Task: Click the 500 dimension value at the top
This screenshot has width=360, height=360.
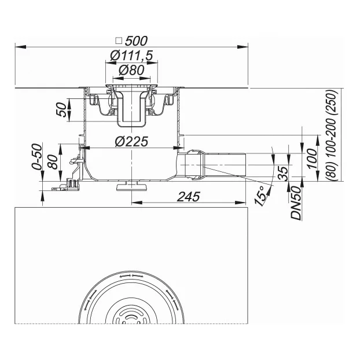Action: coord(136,41)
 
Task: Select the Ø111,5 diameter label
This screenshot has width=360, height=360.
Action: coord(131,56)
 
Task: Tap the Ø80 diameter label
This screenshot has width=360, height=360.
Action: coord(131,70)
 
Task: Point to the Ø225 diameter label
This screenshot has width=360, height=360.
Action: coord(131,141)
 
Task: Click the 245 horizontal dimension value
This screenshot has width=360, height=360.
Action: coord(189,197)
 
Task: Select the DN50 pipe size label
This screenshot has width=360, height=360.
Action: coord(296,203)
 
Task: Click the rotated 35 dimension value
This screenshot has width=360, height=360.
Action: coord(283,172)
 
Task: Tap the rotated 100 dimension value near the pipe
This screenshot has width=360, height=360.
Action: coord(312,159)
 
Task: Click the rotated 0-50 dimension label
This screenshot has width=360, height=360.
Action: coord(38,157)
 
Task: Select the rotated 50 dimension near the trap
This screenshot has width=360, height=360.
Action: coord(61,109)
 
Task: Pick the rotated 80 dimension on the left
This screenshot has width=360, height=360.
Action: coord(53,162)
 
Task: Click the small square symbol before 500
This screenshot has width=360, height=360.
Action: coord(119,41)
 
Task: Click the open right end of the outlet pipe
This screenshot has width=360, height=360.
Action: coord(245,165)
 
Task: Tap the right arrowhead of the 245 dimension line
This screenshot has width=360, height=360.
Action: coord(241,203)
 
